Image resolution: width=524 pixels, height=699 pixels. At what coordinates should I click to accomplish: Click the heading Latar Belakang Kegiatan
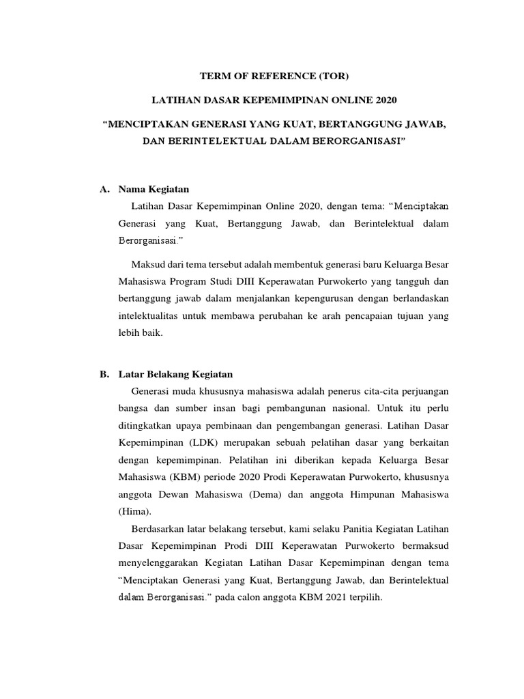pos(176,373)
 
